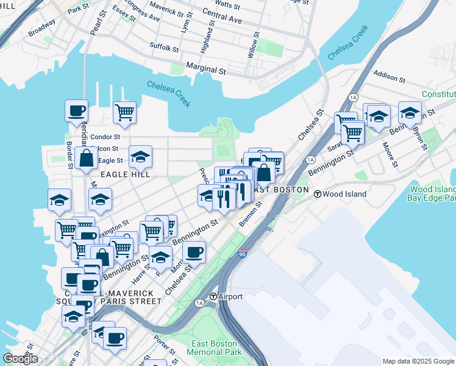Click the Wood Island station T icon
pos(318,194)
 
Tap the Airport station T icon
pos(213,296)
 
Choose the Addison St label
pos(390,78)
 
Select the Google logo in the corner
pos(20,359)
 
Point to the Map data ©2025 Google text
pos(418,361)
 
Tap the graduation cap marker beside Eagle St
pos(140,156)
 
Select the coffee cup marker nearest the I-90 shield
pos(194,251)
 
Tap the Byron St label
pos(420,135)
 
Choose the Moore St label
pos(390,156)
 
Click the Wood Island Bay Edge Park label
pos(433,194)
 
